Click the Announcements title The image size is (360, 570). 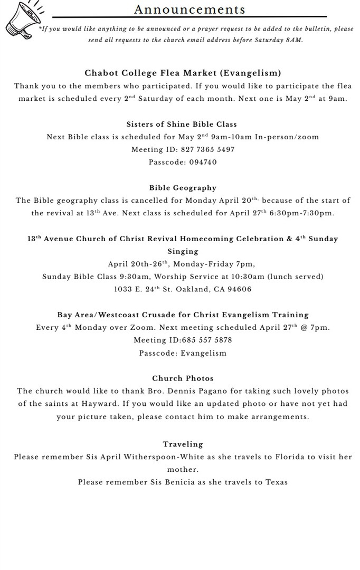click(x=190, y=9)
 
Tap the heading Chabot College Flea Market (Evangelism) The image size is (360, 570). click(x=183, y=73)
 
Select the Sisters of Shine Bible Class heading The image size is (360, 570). click(x=182, y=124)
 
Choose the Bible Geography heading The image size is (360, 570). click(x=183, y=187)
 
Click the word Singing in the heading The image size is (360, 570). click(x=183, y=251)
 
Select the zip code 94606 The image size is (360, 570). click(x=239, y=289)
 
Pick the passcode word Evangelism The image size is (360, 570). click(x=203, y=353)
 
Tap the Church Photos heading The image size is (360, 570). click(x=183, y=378)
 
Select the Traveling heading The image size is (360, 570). click(x=183, y=444)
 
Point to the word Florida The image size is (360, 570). click(x=289, y=457)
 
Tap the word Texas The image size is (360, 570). click(x=276, y=482)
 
